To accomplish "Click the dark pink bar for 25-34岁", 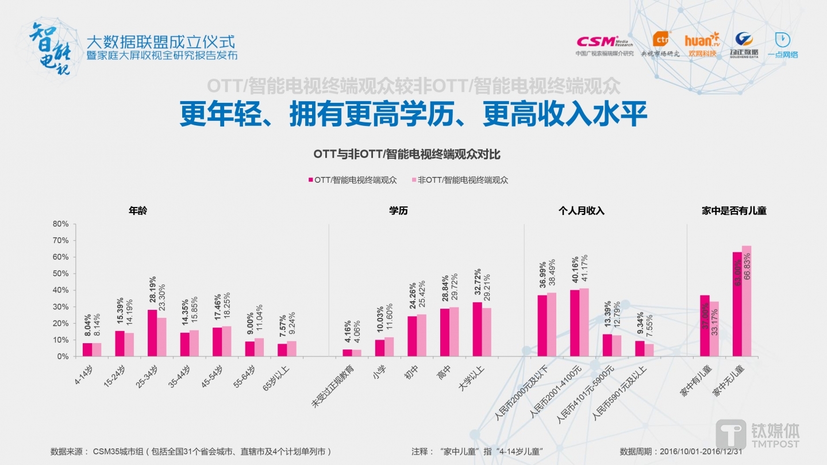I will (152, 333).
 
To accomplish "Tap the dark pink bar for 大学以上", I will (477, 329).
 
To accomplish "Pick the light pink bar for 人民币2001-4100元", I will (584, 322).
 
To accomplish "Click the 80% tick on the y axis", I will (60, 224).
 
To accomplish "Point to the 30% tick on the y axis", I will (60, 307).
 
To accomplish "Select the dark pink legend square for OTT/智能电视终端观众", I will (310, 180).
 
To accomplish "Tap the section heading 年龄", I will (138, 211).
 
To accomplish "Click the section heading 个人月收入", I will (581, 211).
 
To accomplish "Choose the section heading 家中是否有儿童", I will (734, 211).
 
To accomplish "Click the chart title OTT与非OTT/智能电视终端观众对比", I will (407, 154).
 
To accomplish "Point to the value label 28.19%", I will (153, 293).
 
